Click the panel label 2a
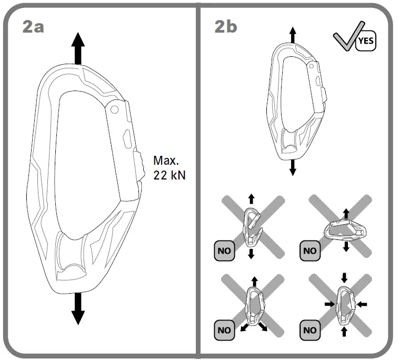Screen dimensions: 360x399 [33, 26]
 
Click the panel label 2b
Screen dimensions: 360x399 [226, 26]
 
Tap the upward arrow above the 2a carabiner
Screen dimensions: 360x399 [78, 47]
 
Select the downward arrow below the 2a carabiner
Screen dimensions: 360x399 [78, 308]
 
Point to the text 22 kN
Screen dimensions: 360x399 [169, 175]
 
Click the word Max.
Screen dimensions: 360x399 [166, 159]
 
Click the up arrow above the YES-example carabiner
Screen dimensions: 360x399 [293, 36]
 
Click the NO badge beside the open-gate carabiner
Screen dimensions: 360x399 [224, 250]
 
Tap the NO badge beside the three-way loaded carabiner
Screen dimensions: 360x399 [224, 330]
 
